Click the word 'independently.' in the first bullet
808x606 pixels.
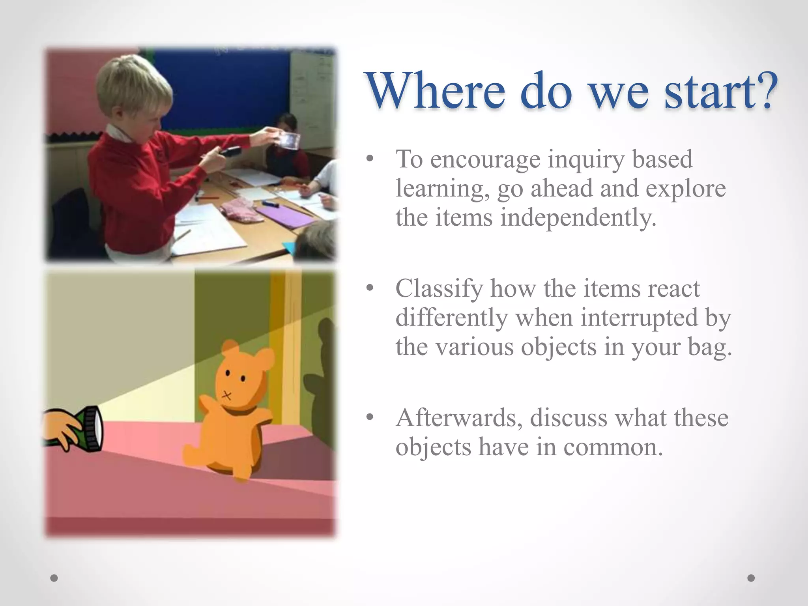(x=578, y=218)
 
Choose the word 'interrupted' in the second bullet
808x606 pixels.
(x=639, y=318)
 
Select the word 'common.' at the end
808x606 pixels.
(x=613, y=447)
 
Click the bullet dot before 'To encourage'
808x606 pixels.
(x=369, y=159)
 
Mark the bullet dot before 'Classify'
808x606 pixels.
(x=369, y=288)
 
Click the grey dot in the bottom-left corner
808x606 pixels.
(x=54, y=578)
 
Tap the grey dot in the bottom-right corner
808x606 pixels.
(x=751, y=578)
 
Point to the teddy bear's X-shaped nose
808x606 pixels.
(x=226, y=395)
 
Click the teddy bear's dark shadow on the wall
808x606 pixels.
(x=322, y=379)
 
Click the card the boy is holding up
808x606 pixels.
(x=287, y=140)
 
